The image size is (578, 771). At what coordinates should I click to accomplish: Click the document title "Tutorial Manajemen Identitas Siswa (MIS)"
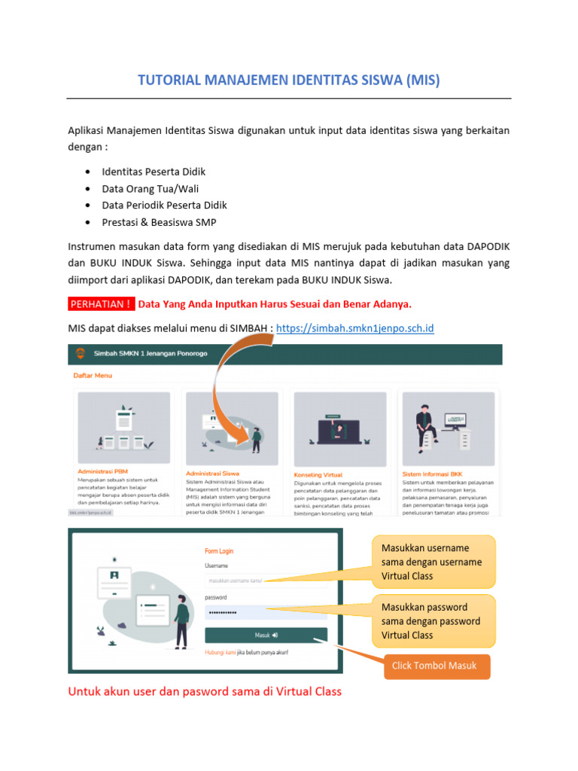click(289, 81)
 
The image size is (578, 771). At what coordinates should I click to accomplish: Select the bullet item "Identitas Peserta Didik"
click(154, 172)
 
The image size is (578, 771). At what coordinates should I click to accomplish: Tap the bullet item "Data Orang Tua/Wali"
click(151, 188)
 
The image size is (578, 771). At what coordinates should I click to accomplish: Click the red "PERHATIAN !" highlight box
click(102, 304)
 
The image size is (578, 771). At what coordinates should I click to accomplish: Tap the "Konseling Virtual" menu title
click(318, 475)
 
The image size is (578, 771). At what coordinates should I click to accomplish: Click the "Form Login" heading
click(219, 550)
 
